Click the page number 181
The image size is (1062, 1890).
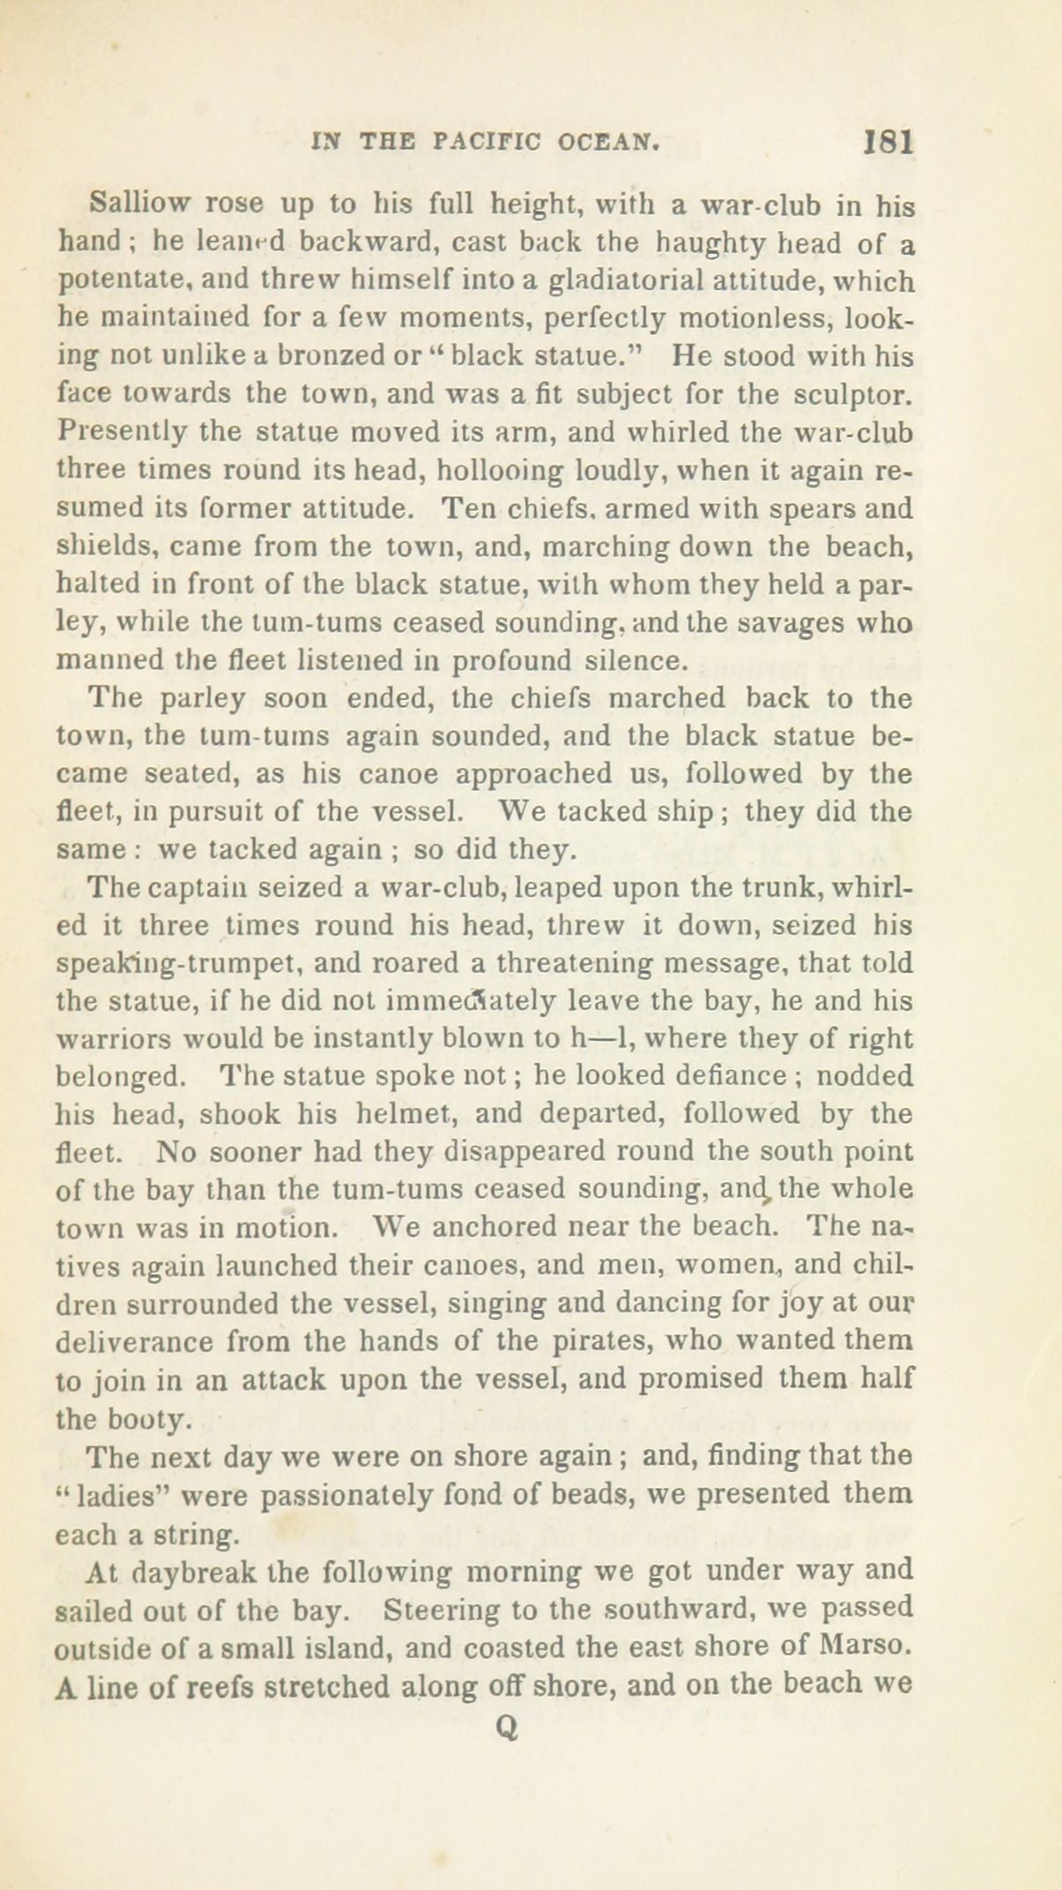click(x=888, y=143)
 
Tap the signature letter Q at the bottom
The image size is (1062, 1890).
click(x=506, y=1730)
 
